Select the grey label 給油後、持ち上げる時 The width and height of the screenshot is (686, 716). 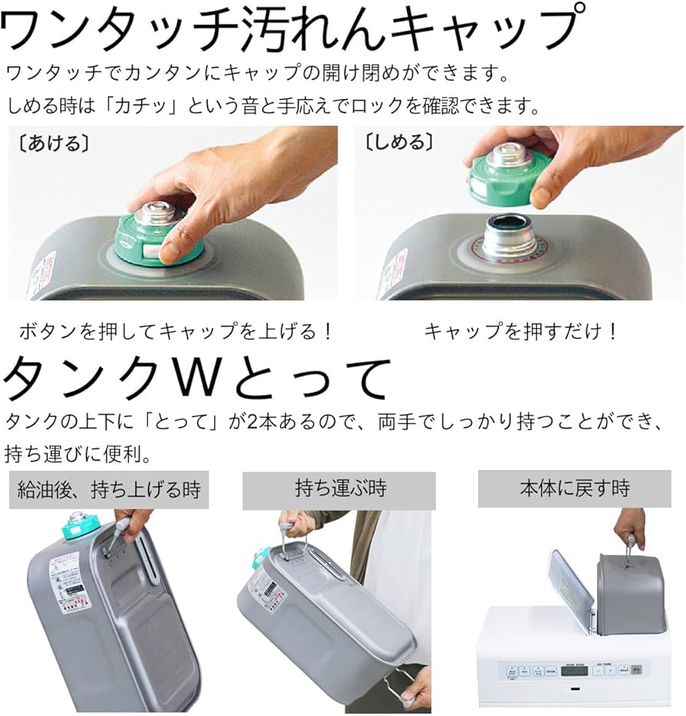[x=108, y=488]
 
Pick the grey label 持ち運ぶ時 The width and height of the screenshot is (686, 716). [x=338, y=488]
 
